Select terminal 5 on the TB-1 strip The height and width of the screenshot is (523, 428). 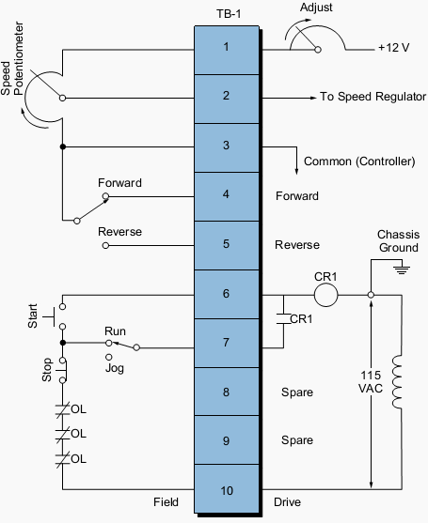click(225, 245)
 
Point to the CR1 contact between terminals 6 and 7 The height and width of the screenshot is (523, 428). click(281, 319)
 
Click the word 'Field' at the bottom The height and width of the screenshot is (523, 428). click(166, 503)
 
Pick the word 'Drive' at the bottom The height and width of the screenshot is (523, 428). click(288, 503)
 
